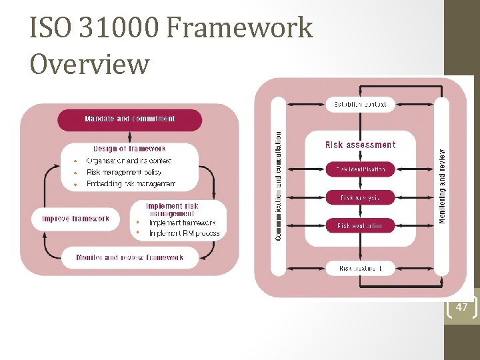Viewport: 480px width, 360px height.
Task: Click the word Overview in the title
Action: tap(90, 64)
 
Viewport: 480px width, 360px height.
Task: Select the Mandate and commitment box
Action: tap(130, 119)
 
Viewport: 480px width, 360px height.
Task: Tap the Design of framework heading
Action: tap(129, 149)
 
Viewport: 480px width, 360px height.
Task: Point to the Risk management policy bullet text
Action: tap(124, 172)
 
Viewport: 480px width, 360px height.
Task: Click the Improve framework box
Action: tap(75, 219)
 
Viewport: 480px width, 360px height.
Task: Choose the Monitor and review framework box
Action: tap(130, 257)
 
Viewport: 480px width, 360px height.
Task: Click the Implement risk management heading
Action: tap(172, 210)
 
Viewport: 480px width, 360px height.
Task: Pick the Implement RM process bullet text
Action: tap(184, 233)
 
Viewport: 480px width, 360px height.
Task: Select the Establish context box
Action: tap(360, 104)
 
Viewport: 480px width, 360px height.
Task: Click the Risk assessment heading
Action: tap(360, 145)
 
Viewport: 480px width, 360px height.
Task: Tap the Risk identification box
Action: tap(360, 169)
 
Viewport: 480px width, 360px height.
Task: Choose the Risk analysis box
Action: tap(360, 197)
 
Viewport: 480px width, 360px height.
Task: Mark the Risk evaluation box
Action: tap(360, 225)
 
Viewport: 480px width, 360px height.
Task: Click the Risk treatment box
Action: tap(360, 268)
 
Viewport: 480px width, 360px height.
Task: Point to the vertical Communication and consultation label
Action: tap(279, 185)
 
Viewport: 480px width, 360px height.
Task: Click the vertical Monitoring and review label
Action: tap(443, 185)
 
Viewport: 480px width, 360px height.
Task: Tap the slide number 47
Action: tap(462, 307)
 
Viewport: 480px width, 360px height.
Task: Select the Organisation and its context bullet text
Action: tap(129, 161)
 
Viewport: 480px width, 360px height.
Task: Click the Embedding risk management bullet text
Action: tap(131, 183)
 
